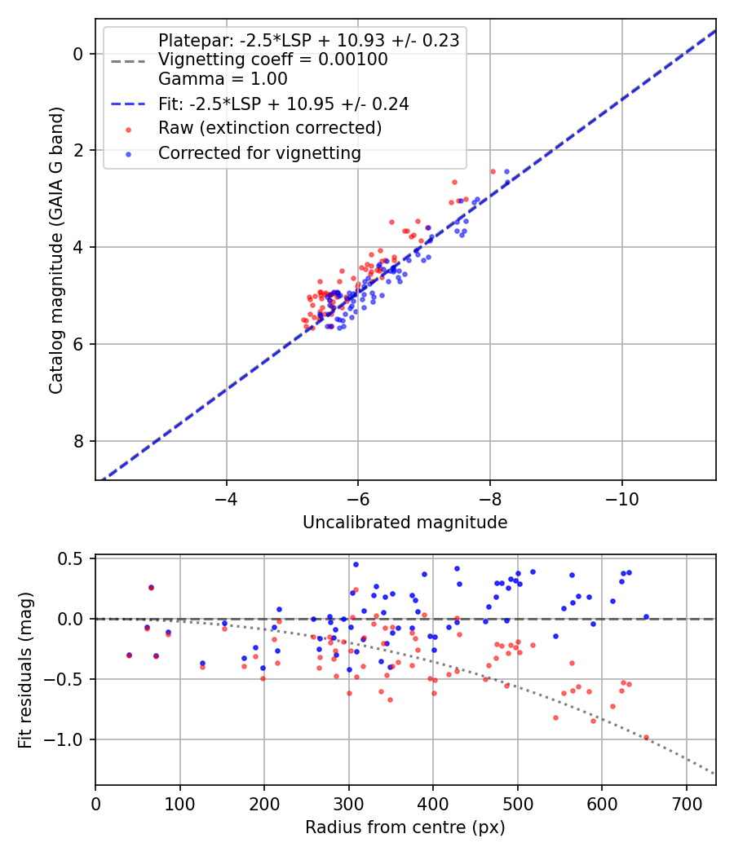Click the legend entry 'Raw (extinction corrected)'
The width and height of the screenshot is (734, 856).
tap(269, 128)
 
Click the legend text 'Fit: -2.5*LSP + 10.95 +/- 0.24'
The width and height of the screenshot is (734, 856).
tap(284, 104)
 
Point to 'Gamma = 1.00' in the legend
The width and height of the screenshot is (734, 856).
tap(223, 80)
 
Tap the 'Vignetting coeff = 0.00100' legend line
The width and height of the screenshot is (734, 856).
tap(272, 60)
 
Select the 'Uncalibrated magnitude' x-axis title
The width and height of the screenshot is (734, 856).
tap(405, 523)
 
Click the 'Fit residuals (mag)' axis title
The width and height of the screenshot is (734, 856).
tap(25, 669)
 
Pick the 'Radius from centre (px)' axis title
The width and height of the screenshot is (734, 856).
tap(405, 827)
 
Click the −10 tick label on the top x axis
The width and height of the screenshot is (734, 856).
tap(622, 498)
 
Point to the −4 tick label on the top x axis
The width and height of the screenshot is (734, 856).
tap(226, 498)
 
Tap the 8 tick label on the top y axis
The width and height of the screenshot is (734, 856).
tap(79, 441)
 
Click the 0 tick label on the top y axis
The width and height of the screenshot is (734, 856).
tap(79, 54)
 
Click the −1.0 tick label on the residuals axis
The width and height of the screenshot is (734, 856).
tap(68, 739)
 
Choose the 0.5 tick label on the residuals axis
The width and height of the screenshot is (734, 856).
tap(73, 559)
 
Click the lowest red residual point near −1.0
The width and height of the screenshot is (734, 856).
tap(646, 738)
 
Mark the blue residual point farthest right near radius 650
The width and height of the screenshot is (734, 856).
tap(646, 617)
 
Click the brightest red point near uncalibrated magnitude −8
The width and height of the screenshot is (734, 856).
tap(493, 171)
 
